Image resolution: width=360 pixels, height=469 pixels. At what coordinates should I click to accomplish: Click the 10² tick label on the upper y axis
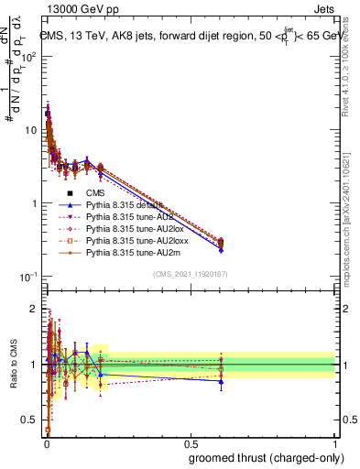click(27, 57)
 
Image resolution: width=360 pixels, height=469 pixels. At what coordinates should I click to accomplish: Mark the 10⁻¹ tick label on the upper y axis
click(27, 277)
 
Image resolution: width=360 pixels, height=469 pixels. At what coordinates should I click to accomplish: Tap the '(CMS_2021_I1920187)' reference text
click(190, 274)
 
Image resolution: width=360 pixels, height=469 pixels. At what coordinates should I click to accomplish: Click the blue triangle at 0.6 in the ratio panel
click(221, 381)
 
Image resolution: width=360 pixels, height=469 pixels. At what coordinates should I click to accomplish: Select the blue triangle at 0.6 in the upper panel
click(221, 249)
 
